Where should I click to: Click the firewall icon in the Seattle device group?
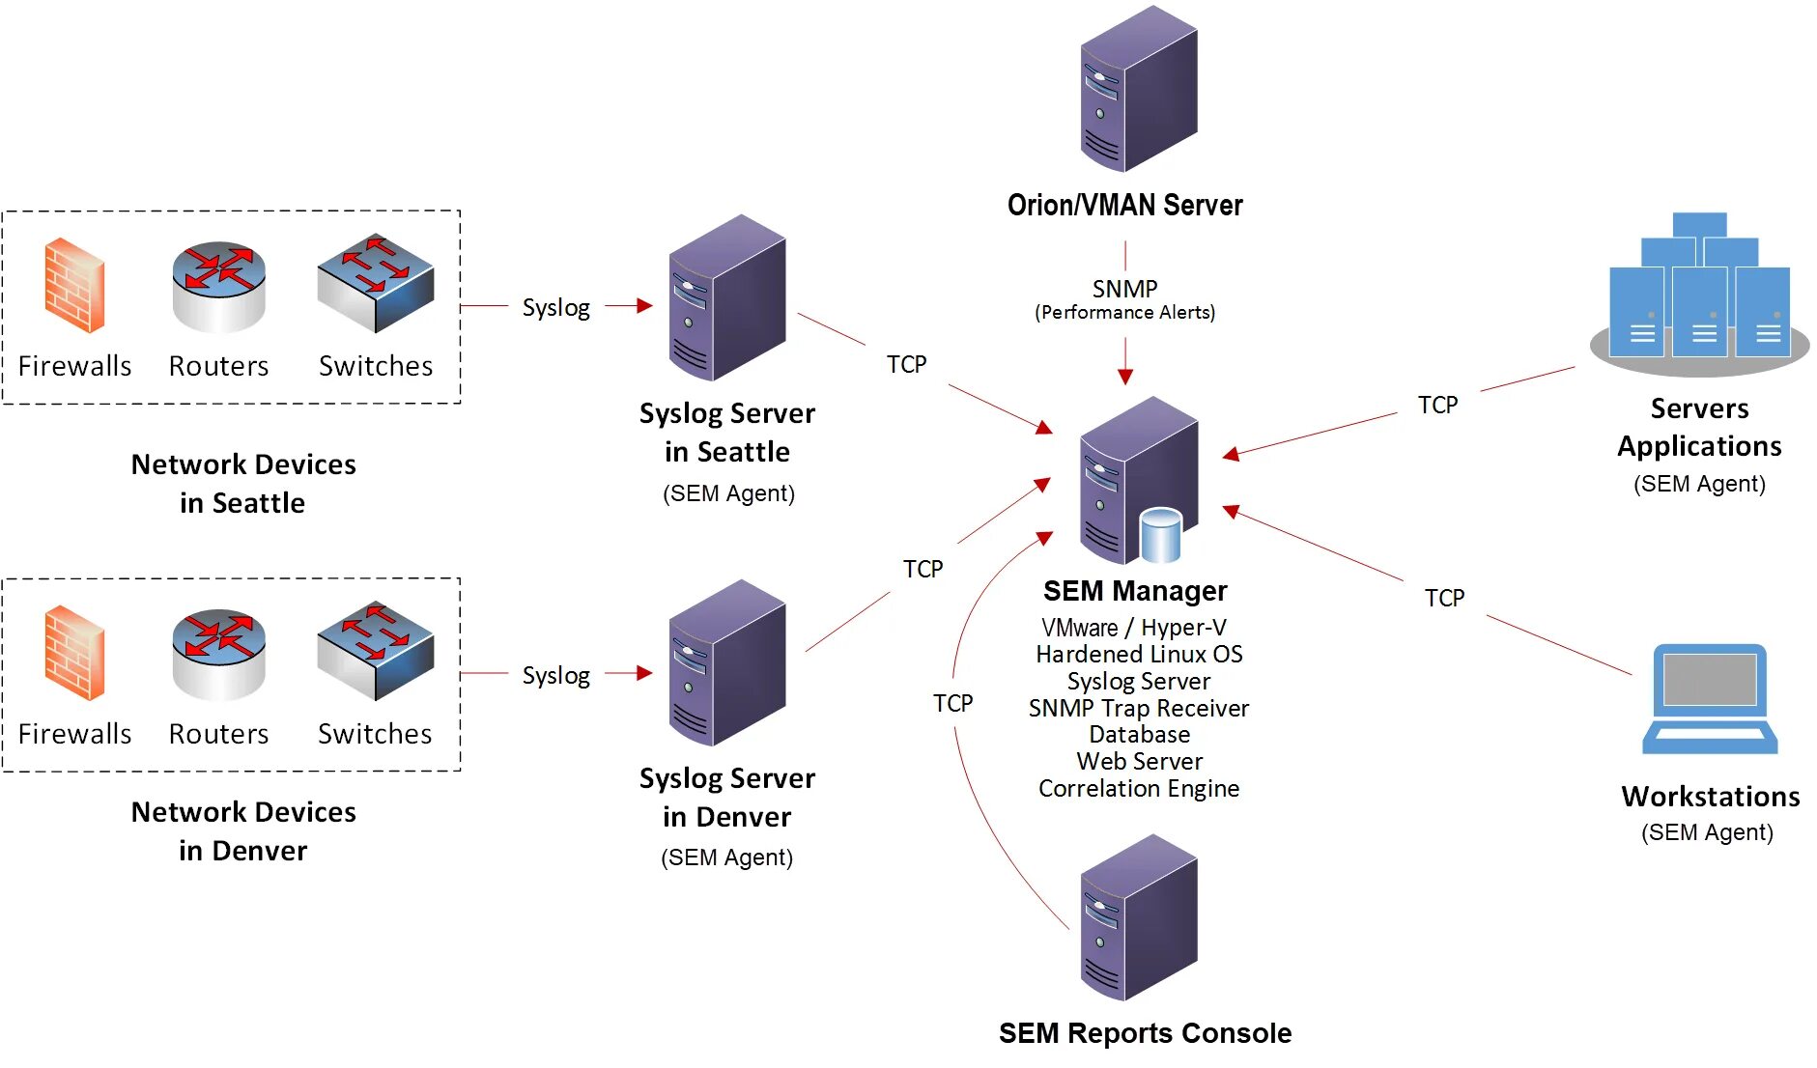click(74, 286)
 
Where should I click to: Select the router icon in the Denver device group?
click(218, 653)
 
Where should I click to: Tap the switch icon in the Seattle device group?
click(376, 283)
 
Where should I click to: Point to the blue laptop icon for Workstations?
click(1710, 699)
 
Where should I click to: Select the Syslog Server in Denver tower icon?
click(726, 662)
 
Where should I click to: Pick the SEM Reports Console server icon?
click(1138, 918)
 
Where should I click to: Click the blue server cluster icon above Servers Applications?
click(1699, 290)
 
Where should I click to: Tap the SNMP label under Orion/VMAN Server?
click(1124, 289)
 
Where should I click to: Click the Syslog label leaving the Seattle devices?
click(555, 307)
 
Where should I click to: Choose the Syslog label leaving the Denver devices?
click(555, 675)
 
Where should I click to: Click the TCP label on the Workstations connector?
click(1444, 599)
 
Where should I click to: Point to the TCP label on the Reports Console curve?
click(952, 703)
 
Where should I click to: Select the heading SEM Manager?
click(1135, 591)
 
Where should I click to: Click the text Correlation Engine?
click(1139, 789)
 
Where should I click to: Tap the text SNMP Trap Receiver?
click(1138, 709)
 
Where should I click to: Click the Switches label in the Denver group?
click(375, 734)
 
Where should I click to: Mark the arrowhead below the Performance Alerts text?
click(1125, 377)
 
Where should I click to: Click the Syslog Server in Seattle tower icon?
click(726, 297)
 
